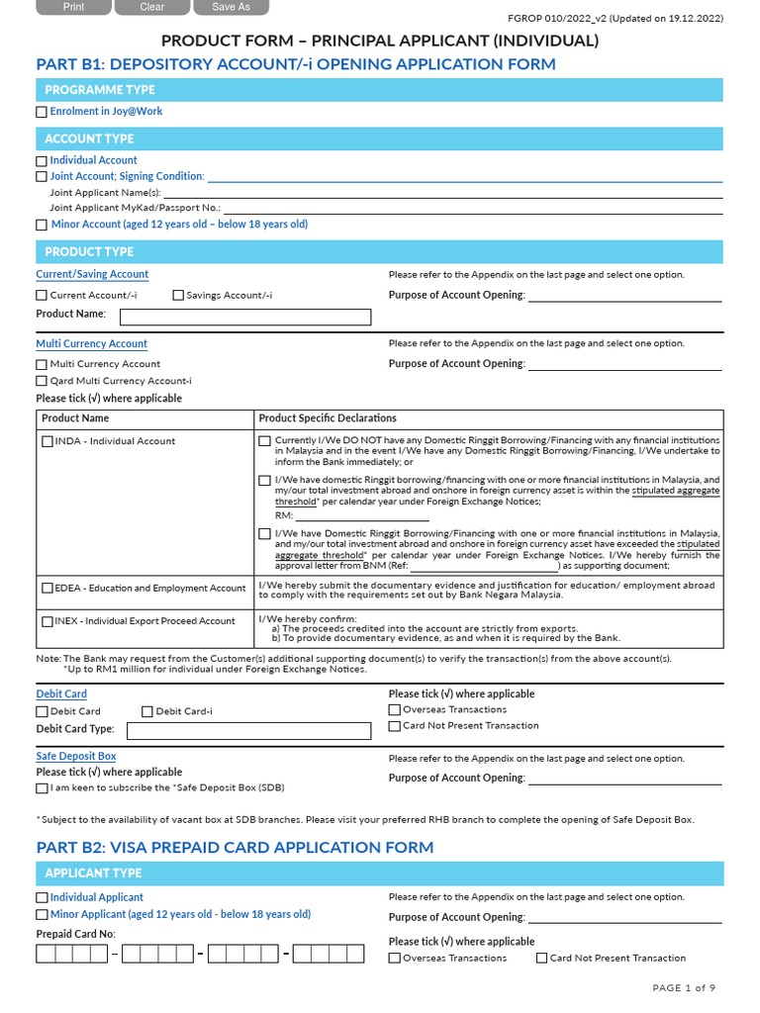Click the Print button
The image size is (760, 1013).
(73, 7)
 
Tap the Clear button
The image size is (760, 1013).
(152, 7)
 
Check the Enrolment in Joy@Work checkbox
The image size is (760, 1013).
(42, 113)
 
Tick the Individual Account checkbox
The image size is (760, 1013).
(42, 161)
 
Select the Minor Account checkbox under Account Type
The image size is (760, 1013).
(42, 226)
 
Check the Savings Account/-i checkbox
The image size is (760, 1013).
(178, 296)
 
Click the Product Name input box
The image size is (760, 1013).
(245, 317)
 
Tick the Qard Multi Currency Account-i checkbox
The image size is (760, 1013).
(42, 381)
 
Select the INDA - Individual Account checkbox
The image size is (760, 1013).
(47, 442)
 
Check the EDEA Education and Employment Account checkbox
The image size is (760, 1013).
(47, 589)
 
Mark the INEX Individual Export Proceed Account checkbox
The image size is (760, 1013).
(47, 622)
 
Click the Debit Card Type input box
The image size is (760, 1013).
(248, 731)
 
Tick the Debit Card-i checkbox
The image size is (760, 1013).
(147, 712)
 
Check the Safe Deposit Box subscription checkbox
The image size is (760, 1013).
(42, 789)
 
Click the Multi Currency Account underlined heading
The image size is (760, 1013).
(91, 344)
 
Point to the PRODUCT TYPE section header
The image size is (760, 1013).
(89, 252)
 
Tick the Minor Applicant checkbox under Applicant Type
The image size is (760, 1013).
(42, 916)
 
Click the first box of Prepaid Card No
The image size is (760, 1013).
(46, 955)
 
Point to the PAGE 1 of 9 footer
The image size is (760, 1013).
(684, 988)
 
